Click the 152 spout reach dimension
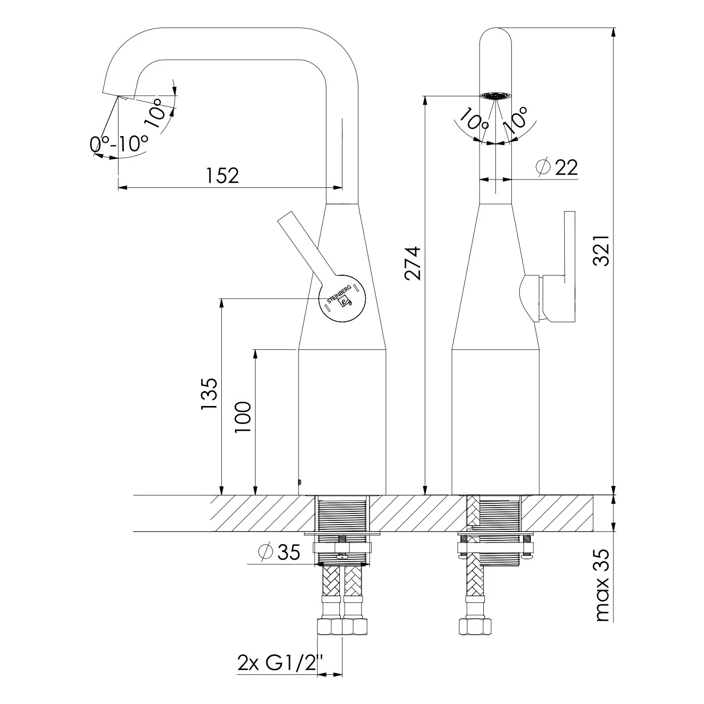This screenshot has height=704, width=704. (222, 176)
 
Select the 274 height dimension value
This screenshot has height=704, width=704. (413, 264)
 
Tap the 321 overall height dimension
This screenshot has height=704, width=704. (601, 250)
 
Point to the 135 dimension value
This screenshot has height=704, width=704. (209, 394)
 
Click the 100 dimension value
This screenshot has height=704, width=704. (243, 417)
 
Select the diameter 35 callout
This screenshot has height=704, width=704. (279, 552)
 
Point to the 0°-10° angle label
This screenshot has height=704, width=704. (119, 143)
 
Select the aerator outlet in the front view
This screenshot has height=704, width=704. (495, 96)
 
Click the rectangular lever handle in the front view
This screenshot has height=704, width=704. (559, 267)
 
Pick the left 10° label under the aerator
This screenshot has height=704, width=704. (473, 120)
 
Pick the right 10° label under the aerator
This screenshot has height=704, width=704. (515, 120)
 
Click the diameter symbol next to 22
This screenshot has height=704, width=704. (543, 167)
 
